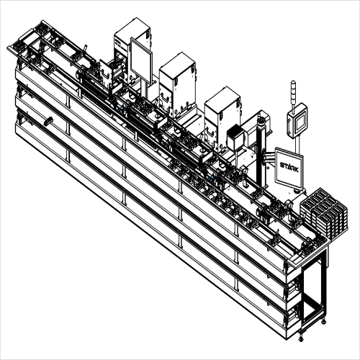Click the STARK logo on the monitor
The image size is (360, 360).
(289, 167)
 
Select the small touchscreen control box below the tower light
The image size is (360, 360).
(297, 120)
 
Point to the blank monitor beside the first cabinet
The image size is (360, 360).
(141, 60)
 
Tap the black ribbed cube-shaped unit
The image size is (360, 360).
(235, 138)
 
